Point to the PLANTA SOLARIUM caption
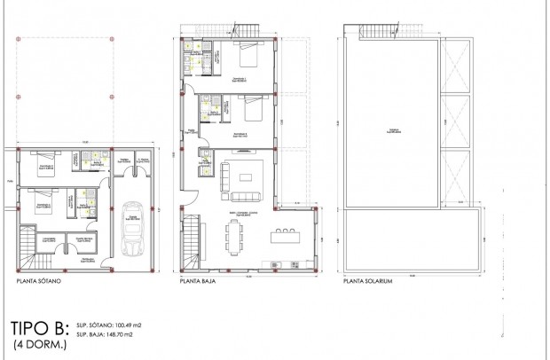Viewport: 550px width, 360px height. pyautogui.click(x=369, y=285)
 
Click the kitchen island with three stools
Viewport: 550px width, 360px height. pyautogui.click(x=285, y=235)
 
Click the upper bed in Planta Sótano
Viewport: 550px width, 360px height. pyautogui.click(x=42, y=167)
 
